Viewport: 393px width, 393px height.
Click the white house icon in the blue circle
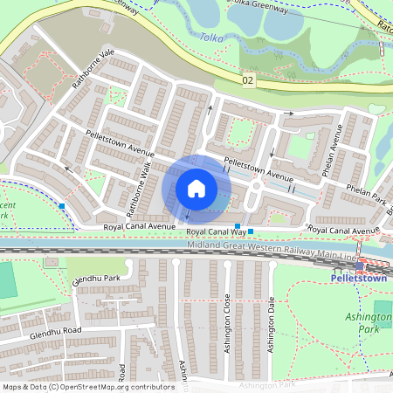click(x=196, y=189)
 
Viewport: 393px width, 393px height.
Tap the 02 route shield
click(x=249, y=80)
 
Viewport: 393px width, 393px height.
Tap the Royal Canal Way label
click(x=215, y=231)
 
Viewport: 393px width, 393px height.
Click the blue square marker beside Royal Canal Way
click(x=251, y=231)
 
